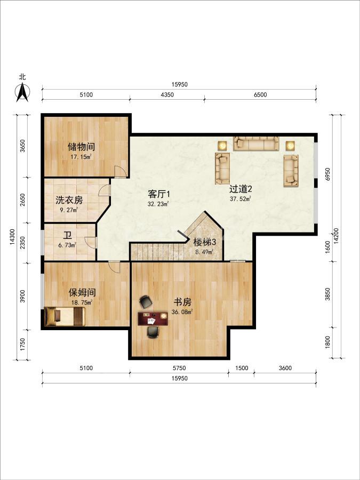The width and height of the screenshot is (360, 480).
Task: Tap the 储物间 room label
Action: [81, 147]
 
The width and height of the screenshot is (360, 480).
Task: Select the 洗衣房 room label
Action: [69, 200]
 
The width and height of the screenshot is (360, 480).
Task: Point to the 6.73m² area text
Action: [67, 245]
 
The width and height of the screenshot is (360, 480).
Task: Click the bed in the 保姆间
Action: [65, 316]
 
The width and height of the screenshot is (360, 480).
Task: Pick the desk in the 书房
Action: [153, 319]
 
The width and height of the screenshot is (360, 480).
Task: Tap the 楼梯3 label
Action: [205, 243]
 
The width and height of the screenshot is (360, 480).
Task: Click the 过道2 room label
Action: [241, 189]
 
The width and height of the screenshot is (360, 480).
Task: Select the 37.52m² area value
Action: [241, 199]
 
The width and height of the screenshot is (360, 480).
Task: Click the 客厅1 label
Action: [159, 194]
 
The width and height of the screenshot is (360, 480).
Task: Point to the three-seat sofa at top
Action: [256, 143]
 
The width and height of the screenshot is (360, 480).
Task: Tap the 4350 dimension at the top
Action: [167, 95]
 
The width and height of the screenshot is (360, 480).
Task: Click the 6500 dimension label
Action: [260, 95]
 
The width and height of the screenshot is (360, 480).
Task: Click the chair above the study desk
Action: [146, 302]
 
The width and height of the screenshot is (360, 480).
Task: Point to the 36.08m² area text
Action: [182, 312]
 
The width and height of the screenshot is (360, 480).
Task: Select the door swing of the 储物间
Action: [119, 171]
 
